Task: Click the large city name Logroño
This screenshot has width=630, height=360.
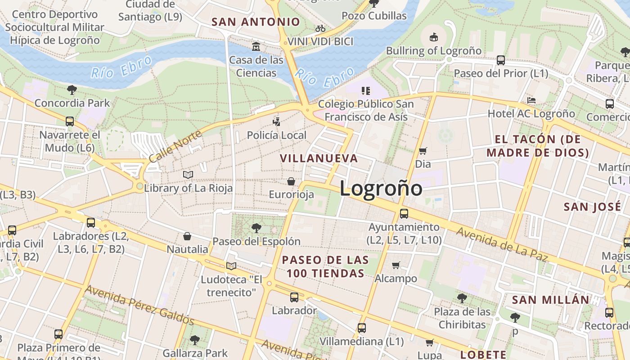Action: tap(381, 188)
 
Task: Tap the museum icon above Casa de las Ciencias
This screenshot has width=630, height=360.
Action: tap(256, 46)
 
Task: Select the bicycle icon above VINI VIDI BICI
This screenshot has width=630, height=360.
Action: tap(320, 28)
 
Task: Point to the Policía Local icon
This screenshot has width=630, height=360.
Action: tap(276, 121)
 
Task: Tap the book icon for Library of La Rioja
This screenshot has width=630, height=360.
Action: tap(188, 175)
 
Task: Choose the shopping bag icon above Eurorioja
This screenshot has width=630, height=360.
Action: tap(291, 181)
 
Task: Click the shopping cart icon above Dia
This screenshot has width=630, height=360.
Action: tap(423, 151)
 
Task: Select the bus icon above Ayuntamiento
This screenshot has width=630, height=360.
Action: tap(404, 214)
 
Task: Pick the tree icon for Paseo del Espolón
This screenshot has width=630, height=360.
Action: tap(256, 228)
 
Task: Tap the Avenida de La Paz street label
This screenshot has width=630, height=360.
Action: tap(502, 244)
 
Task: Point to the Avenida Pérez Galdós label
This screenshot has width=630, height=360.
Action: tap(139, 305)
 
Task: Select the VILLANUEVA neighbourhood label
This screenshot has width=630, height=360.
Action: tap(319, 158)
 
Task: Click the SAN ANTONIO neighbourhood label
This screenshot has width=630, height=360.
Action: tap(256, 22)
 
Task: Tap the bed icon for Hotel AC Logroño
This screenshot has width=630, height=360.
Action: tap(531, 100)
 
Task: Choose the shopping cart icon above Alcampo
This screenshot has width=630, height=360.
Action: tap(396, 265)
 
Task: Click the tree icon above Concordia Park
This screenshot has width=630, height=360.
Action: tap(72, 90)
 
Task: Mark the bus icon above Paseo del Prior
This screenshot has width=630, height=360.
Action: tap(500, 60)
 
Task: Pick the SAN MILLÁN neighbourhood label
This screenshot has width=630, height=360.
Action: tap(550, 300)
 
